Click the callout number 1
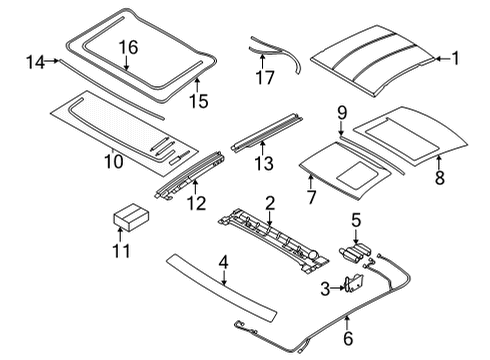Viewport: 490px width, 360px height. coord(455,59)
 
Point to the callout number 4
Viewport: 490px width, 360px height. coord(225,264)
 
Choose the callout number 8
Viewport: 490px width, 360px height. coord(438,179)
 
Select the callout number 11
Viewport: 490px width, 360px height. coord(120,251)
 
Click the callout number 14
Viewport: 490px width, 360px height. coord(36,62)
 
